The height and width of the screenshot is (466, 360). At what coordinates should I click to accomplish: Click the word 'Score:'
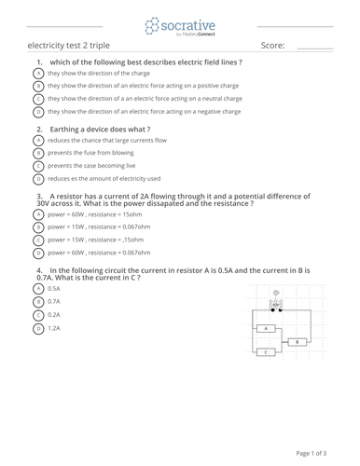click(x=272, y=45)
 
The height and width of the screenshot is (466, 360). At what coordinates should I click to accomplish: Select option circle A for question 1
click(x=38, y=73)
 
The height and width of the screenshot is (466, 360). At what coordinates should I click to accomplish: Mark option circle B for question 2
click(x=38, y=152)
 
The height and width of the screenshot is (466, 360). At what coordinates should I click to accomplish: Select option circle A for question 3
click(x=38, y=214)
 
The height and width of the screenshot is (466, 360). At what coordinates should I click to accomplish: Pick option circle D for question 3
click(x=38, y=252)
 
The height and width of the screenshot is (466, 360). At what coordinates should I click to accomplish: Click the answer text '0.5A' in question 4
click(x=53, y=289)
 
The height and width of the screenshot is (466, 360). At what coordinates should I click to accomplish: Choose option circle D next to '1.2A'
click(x=38, y=328)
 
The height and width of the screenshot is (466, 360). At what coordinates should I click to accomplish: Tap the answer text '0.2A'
click(x=53, y=315)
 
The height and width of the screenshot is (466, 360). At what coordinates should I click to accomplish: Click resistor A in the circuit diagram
click(x=267, y=328)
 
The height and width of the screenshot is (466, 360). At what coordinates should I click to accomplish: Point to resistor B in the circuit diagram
click(x=297, y=342)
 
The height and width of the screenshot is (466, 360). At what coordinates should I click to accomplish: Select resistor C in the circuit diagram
click(x=267, y=352)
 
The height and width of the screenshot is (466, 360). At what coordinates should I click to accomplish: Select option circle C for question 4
click(x=38, y=315)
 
